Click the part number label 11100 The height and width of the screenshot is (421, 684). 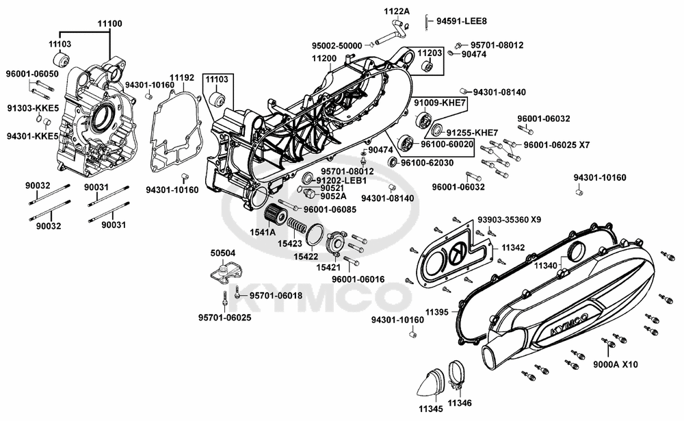pyautogui.click(x=109, y=23)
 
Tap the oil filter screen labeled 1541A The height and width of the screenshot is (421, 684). pyautogui.click(x=277, y=214)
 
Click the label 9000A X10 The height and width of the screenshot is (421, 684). pyautogui.click(x=615, y=365)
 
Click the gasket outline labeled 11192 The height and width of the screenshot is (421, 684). pyautogui.click(x=164, y=137)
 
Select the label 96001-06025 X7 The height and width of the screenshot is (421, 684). pyautogui.click(x=556, y=144)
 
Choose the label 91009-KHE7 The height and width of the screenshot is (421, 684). pyautogui.click(x=440, y=102)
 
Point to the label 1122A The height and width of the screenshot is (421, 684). pyautogui.click(x=396, y=11)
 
